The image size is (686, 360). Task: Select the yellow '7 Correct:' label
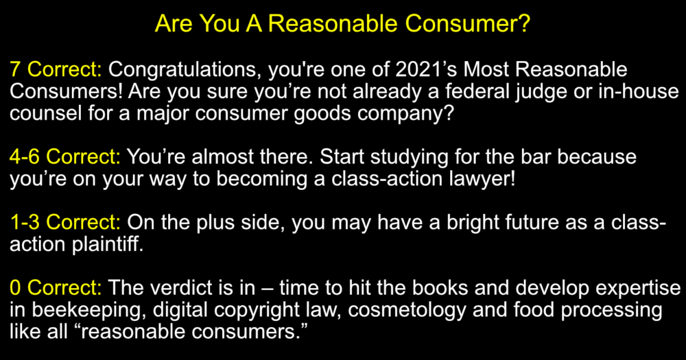tap(56, 69)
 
